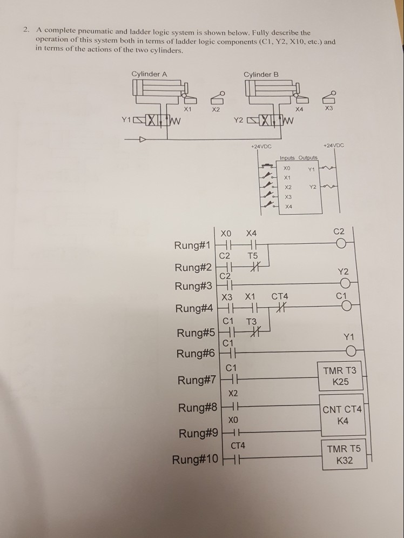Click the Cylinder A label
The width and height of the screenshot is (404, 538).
pos(149,74)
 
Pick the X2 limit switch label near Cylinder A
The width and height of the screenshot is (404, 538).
pos(216,110)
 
